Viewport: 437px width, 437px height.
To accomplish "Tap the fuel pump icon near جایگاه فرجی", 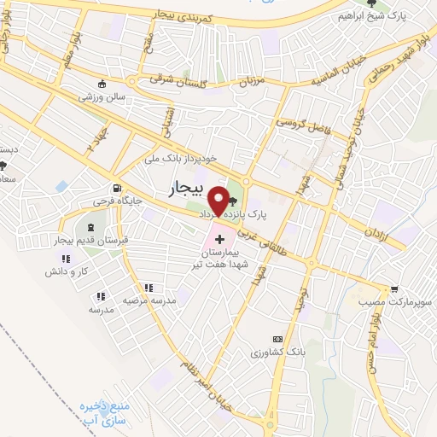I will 114,189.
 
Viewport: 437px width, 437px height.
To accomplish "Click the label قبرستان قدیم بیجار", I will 90,240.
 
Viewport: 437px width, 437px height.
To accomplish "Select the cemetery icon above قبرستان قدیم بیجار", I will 90,227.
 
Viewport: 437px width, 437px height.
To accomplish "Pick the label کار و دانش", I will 67,271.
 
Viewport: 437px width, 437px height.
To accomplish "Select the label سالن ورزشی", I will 103,97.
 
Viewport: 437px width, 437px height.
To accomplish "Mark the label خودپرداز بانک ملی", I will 173,158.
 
